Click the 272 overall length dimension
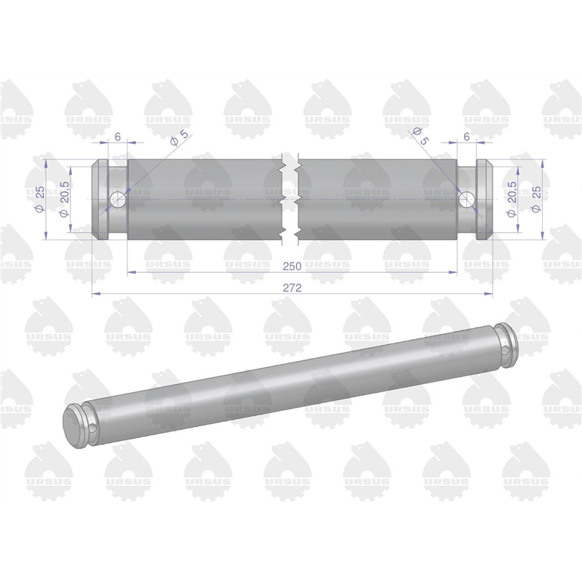pos(292,287)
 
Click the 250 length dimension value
pos(292,266)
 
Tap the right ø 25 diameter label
pos(536,199)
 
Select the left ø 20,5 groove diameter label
pos(64,199)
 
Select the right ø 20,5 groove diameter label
pos(512,199)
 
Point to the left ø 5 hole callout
pos(179,137)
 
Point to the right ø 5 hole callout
pos(420,136)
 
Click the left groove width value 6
pos(118,137)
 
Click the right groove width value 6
pos(466,137)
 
